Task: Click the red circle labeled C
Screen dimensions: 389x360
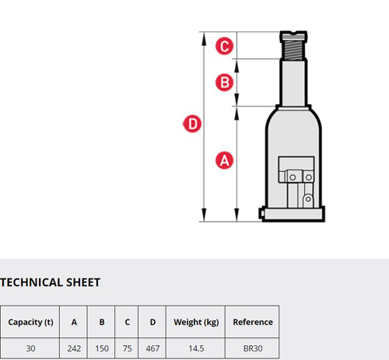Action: (x=225, y=46)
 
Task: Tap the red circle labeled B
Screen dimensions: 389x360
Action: (x=225, y=82)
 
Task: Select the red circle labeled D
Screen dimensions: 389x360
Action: (x=192, y=124)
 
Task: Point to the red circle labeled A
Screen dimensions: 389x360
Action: (x=225, y=160)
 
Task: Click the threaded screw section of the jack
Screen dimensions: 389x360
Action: (x=293, y=50)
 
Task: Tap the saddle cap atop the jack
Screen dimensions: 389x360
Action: (x=293, y=36)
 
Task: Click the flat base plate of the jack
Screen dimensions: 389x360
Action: (x=293, y=215)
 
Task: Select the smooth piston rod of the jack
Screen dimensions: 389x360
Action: (x=293, y=83)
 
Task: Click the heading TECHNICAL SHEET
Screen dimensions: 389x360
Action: (x=50, y=282)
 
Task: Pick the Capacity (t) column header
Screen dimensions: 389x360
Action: (x=30, y=322)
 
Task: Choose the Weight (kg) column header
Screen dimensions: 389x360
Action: (x=196, y=322)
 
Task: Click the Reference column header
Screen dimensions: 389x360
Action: (x=253, y=322)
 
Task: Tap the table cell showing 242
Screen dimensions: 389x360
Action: (x=74, y=348)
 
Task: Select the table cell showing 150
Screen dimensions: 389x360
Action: (x=102, y=348)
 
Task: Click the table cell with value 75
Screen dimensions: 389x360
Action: (x=127, y=348)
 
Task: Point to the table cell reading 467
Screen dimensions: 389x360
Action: (x=152, y=348)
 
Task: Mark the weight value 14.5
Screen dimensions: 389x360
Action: (x=196, y=348)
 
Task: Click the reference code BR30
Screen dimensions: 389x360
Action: (x=253, y=348)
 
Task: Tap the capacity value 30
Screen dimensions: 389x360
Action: (x=30, y=348)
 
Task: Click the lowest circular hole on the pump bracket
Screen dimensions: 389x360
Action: (x=308, y=199)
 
